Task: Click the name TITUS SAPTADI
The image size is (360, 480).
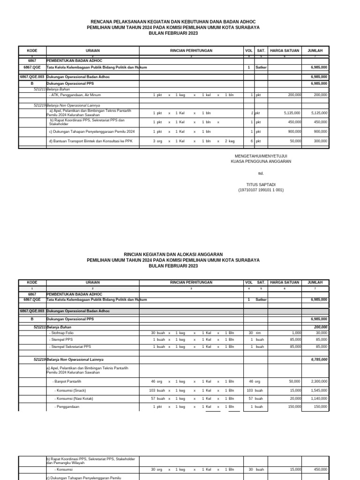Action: [261, 185]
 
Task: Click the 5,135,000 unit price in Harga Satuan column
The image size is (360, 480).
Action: [292, 113]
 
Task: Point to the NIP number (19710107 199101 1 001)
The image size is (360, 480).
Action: [261, 190]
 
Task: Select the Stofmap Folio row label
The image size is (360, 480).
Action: [61, 333]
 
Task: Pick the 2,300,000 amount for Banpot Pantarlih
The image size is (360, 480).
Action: [319, 382]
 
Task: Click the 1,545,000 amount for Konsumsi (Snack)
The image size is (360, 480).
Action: [319, 390]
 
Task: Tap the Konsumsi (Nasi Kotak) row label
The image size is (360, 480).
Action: [74, 398]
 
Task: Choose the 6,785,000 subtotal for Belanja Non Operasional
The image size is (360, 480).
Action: [319, 360]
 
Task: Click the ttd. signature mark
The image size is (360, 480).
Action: [261, 173]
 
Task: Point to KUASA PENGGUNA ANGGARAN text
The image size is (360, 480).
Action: [261, 161]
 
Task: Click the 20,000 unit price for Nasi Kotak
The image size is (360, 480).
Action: [294, 398]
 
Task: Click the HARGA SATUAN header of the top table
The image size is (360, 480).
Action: [285, 51]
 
